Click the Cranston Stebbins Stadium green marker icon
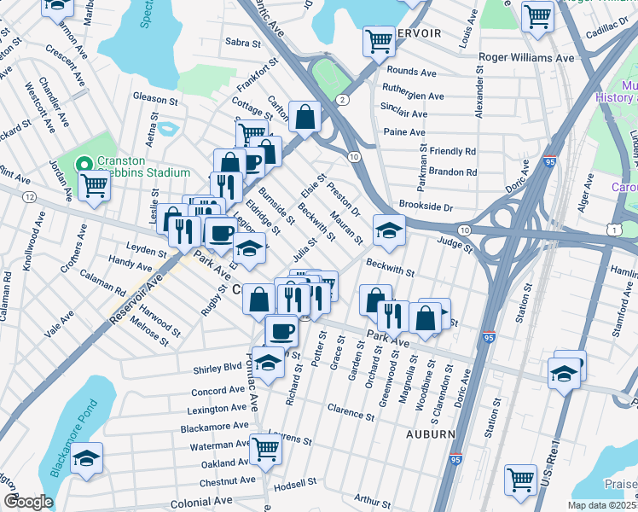pos(84,164)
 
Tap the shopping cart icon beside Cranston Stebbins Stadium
pos(94,185)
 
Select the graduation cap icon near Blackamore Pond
pos(85,458)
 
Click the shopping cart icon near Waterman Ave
pos(266,446)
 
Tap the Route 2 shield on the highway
pos(342,100)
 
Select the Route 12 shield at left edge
pos(30,197)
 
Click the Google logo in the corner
pos(27,502)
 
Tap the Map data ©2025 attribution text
pos(600,506)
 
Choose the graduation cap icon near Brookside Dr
pos(388,230)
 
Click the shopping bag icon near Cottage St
pos(304,117)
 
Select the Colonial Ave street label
pos(201,503)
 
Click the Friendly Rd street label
pos(453,151)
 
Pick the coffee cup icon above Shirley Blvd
pos(281,330)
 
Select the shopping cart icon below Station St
pos(519,479)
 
